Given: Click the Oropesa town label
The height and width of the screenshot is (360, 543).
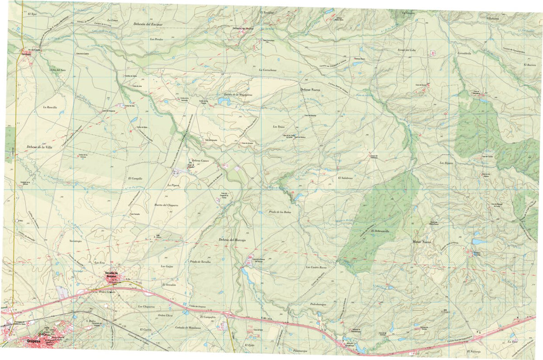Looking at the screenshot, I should coord(37,342).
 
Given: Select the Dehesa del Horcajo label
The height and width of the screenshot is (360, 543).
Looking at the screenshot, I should coord(232,240).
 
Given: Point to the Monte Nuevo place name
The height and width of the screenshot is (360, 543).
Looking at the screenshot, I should coord(423,242).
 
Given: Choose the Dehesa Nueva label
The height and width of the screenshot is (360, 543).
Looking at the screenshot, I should coord(310,90).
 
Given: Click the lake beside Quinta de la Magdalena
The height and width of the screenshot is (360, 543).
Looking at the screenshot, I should coord(224,102).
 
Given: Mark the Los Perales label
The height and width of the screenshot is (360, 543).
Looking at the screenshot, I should coord(156,39).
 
